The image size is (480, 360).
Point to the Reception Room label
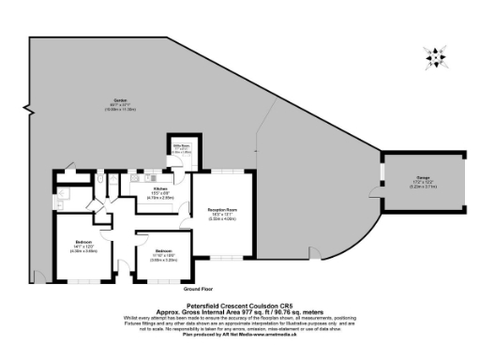pos(222,211)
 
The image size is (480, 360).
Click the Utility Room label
pos(181,146)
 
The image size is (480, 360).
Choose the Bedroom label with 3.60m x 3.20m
pos(162,251)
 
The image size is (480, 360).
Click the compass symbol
pos(436,56)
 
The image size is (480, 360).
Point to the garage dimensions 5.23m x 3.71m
pos(410,187)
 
